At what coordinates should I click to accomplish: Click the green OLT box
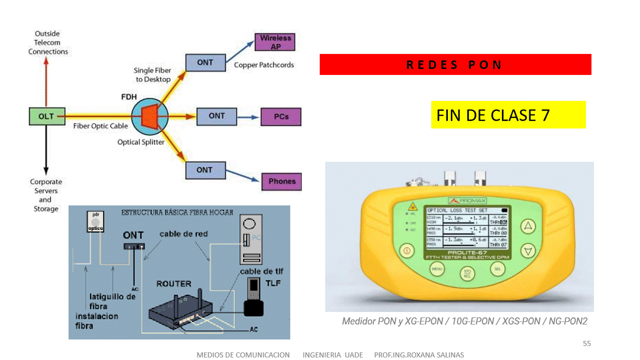click(x=46, y=116)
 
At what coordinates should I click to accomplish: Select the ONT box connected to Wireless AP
click(x=205, y=62)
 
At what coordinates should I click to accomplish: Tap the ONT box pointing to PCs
click(x=217, y=116)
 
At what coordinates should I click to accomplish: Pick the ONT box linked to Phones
click(x=205, y=170)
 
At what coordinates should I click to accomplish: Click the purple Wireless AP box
click(x=275, y=42)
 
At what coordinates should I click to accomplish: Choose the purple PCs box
click(x=281, y=116)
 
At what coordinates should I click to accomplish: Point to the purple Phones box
click(x=282, y=181)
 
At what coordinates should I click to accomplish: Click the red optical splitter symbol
click(x=150, y=116)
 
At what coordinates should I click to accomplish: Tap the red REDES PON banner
click(x=455, y=64)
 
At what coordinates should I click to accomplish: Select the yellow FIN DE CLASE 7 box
click(x=508, y=115)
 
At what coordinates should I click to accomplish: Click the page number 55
click(x=587, y=343)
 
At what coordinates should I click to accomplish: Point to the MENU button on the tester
click(x=437, y=269)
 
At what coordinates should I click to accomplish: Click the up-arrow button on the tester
click(x=528, y=226)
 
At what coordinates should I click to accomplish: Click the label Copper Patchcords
click(x=264, y=65)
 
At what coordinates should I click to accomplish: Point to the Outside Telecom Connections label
click(x=48, y=42)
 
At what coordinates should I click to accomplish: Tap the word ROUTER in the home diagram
click(x=174, y=283)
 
